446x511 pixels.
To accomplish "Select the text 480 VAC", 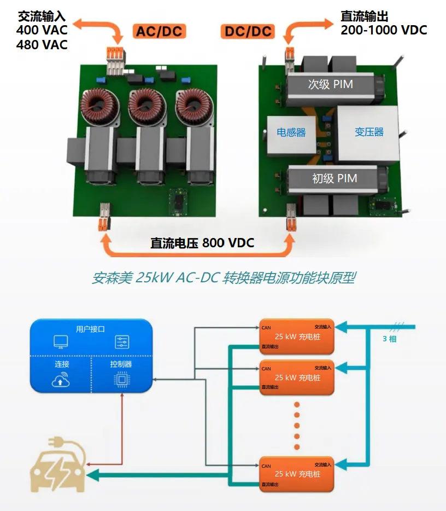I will pos(42,44).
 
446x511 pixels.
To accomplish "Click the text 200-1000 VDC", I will pos(384,30).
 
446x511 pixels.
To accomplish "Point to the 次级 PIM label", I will pos(330,84).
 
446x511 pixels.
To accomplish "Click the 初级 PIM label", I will pos(334,178).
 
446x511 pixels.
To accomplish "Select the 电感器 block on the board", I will pos(291,132).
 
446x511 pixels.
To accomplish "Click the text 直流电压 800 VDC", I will pos(202,243).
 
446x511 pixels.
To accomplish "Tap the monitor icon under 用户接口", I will pos(60,342).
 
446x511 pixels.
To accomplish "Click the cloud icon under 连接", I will pos(60,380).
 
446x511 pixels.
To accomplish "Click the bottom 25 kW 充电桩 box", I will pos(297,474).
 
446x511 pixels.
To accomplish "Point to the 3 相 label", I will pos(390,338).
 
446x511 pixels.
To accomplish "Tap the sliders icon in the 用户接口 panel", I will pos(122,342).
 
